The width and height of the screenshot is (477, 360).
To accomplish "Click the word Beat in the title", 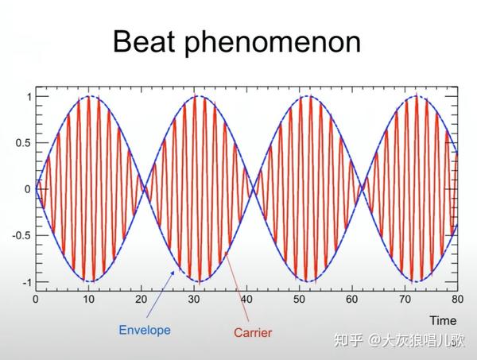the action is pyautogui.click(x=144, y=41).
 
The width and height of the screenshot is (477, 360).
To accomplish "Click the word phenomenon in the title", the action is pyautogui.click(x=273, y=44).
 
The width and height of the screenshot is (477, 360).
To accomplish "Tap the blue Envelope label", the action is pyautogui.click(x=145, y=330).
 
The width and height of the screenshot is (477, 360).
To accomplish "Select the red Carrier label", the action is pyautogui.click(x=253, y=332).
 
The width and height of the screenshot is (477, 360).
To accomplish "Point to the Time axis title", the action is pyautogui.click(x=443, y=320).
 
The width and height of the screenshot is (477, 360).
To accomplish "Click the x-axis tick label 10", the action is pyautogui.click(x=88, y=299).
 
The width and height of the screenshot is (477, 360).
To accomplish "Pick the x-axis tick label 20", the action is pyautogui.click(x=142, y=299).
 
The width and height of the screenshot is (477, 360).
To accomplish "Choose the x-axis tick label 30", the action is pyautogui.click(x=194, y=299).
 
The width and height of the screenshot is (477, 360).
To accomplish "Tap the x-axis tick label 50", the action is pyautogui.click(x=299, y=299).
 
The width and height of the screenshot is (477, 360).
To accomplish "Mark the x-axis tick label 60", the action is pyautogui.click(x=351, y=299).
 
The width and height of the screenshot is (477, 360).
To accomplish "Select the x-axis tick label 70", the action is pyautogui.click(x=405, y=299).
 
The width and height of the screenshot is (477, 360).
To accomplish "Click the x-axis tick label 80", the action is pyautogui.click(x=457, y=299).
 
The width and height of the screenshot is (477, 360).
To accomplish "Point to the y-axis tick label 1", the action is pyautogui.click(x=29, y=97).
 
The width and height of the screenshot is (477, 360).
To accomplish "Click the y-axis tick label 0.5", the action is pyautogui.click(x=23, y=143).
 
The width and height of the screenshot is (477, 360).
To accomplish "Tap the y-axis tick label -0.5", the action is pyautogui.click(x=21, y=236).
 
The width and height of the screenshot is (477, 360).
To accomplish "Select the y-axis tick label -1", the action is pyautogui.click(x=27, y=282).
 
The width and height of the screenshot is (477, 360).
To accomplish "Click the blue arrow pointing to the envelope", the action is pyautogui.click(x=161, y=294).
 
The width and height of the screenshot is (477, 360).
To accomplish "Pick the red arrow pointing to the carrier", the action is pyautogui.click(x=237, y=286).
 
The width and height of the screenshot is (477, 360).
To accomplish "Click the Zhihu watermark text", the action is pyautogui.click(x=399, y=340).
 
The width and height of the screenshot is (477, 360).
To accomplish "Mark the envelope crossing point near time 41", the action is pyautogui.click(x=253, y=189).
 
